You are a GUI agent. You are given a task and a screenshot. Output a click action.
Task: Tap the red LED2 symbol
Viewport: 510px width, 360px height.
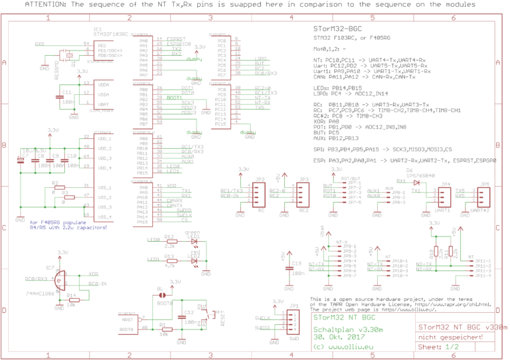[x=194, y=260]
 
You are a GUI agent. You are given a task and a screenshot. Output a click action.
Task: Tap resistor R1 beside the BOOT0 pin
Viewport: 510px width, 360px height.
[x=161, y=329]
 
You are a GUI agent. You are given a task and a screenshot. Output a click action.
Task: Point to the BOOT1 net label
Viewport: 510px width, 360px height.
[x=174, y=97]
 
